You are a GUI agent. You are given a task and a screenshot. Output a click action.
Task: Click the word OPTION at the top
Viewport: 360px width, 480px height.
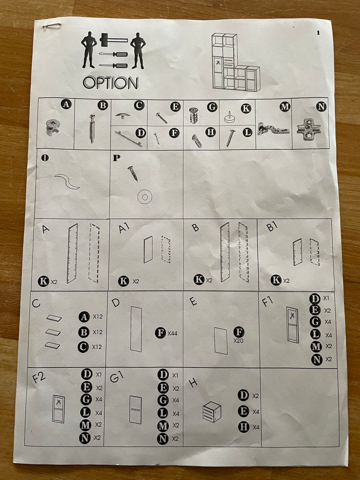pyautogui.click(x=110, y=83)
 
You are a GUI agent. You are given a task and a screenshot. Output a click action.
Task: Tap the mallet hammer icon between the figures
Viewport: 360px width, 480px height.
pyautogui.click(x=114, y=40)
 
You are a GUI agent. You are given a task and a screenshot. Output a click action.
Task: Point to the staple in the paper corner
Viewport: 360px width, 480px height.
pyautogui.click(x=52, y=26)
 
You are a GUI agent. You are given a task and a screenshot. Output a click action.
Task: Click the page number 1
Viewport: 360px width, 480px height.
pyautogui.click(x=318, y=33)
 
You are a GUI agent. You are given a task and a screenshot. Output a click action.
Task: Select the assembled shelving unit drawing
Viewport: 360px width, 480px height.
pyautogui.click(x=235, y=62)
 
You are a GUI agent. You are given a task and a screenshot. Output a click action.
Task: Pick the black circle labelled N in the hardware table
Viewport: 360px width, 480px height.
pyautogui.click(x=321, y=106)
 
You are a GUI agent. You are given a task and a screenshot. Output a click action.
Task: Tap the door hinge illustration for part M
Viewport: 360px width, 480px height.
pyautogui.click(x=273, y=129)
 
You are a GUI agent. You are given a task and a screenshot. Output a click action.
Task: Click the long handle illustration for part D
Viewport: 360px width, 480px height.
pyautogui.click(x=129, y=139)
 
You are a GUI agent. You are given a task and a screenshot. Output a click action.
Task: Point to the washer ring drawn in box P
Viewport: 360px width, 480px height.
pyautogui.click(x=145, y=197)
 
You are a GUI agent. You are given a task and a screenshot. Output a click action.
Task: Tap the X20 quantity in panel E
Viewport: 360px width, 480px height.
pyautogui.click(x=238, y=340)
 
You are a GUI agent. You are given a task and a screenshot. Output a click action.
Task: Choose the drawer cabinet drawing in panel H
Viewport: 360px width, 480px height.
pyautogui.click(x=212, y=412)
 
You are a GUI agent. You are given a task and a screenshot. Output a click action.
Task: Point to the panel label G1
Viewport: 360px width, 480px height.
pyautogui.click(x=117, y=377)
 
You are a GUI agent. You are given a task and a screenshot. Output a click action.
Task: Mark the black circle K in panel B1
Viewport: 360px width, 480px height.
pyautogui.click(x=276, y=280)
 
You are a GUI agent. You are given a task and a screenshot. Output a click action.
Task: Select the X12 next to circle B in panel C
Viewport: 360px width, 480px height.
pyautogui.click(x=97, y=332)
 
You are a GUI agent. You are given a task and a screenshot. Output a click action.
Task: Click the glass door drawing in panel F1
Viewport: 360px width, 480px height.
pyautogui.click(x=292, y=325)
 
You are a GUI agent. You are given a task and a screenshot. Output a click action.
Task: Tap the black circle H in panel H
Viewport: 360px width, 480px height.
pyautogui.click(x=243, y=427)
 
